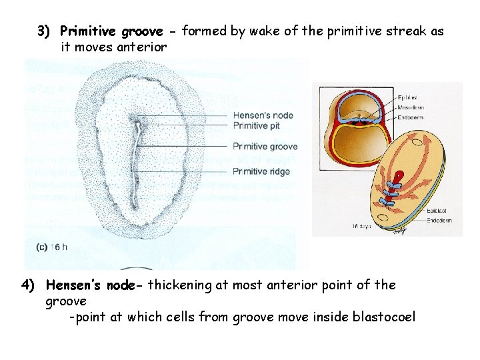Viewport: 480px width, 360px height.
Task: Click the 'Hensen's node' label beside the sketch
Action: [263, 115]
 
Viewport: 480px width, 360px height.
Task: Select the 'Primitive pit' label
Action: [256, 125]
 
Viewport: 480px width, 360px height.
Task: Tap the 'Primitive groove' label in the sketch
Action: [265, 147]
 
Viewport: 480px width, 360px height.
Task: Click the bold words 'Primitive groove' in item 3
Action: [111, 31]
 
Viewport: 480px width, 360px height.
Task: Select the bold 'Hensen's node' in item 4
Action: [93, 285]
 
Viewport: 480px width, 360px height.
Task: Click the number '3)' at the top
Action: [45, 31]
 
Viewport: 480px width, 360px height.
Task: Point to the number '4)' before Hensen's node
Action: [29, 285]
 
